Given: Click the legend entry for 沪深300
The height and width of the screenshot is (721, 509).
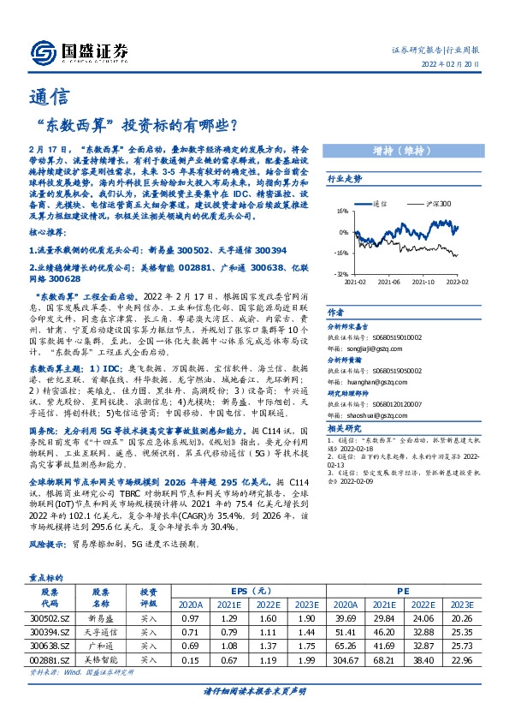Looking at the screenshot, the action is tap(440, 206).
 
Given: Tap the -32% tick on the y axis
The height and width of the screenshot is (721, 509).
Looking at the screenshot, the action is tap(340, 274).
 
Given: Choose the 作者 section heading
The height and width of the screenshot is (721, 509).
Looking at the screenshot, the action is tap(335, 313).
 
